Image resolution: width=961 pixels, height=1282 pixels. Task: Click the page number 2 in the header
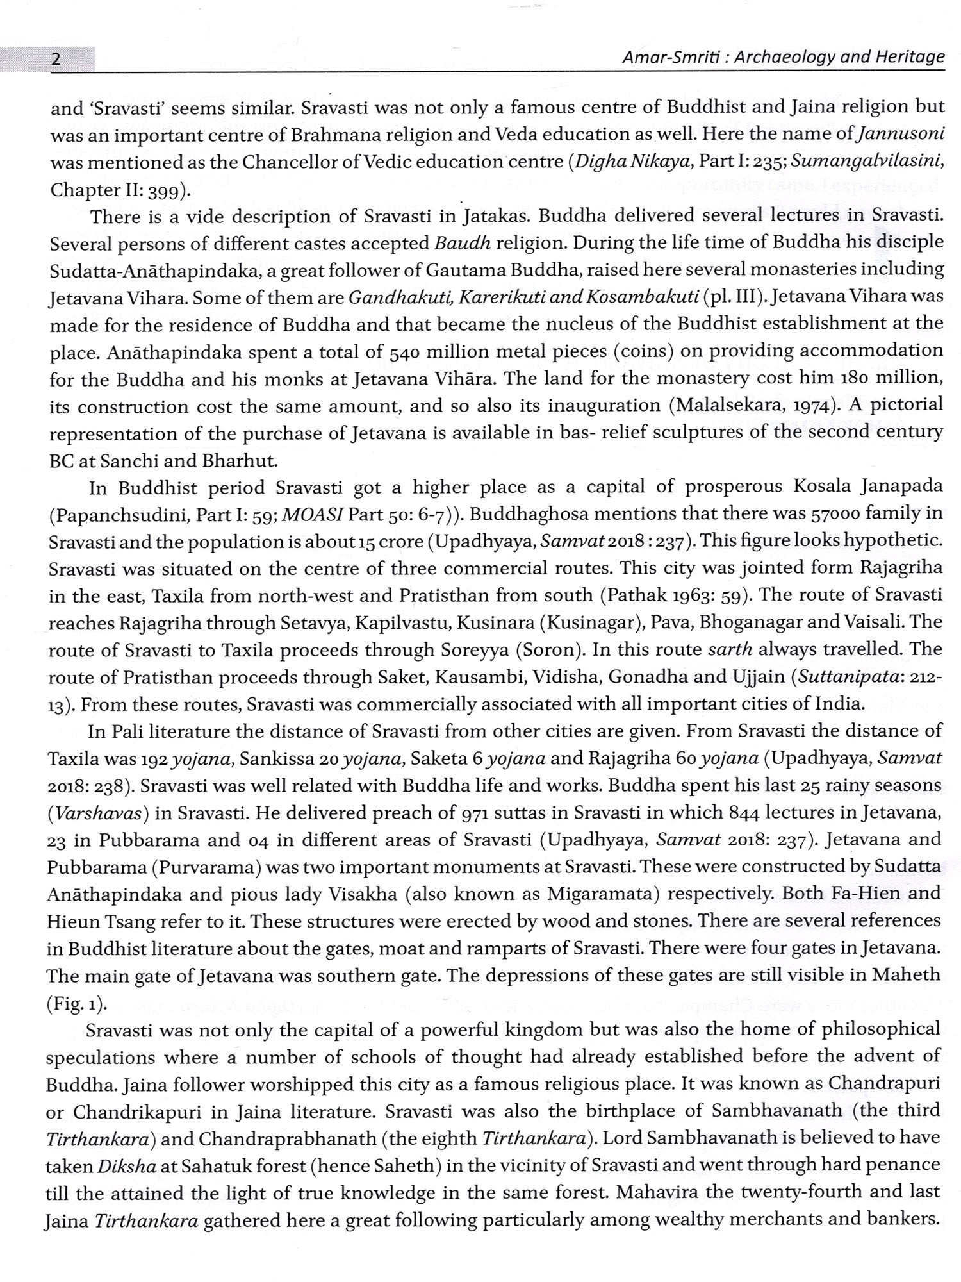56,60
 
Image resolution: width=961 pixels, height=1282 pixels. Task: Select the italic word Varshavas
97,813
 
